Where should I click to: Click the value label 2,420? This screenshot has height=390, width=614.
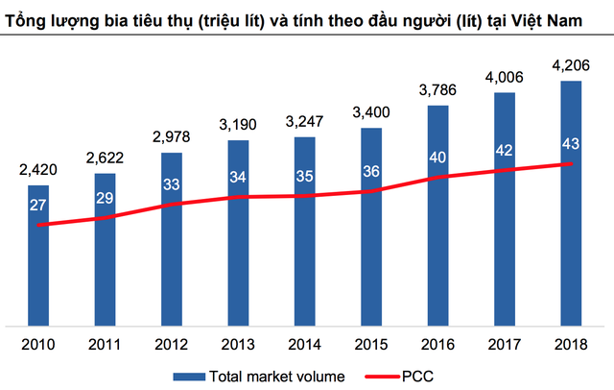coord(37,171)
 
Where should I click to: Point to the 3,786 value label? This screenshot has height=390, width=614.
coord(437,92)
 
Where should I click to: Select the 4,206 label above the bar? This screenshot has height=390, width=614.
coord(571,67)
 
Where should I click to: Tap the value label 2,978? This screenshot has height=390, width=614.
coord(171,139)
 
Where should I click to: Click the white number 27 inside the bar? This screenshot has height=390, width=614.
coord(37,204)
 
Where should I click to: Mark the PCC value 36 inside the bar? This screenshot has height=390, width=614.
coord(371,171)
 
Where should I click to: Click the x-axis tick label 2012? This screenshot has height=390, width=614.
coord(171,342)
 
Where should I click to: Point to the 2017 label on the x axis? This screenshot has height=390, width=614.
coord(505,342)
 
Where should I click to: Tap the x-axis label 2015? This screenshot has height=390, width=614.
coord(371,342)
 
